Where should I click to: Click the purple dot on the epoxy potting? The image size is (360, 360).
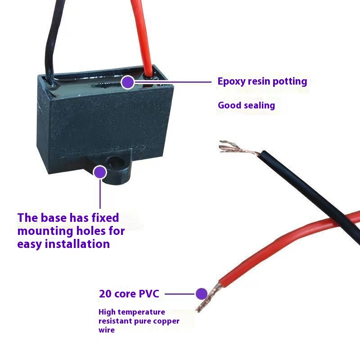(128, 82)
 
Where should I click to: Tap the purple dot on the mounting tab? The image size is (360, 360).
(100, 172)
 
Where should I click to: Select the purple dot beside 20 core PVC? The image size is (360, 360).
(201, 294)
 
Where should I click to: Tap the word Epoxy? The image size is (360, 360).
(232, 82)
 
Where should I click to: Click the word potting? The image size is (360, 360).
(291, 81)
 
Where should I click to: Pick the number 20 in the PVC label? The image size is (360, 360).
(105, 294)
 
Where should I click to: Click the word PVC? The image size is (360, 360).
(149, 294)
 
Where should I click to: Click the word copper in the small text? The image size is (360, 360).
(166, 321)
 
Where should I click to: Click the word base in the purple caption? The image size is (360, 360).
(53, 218)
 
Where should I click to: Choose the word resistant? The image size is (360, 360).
(115, 321)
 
